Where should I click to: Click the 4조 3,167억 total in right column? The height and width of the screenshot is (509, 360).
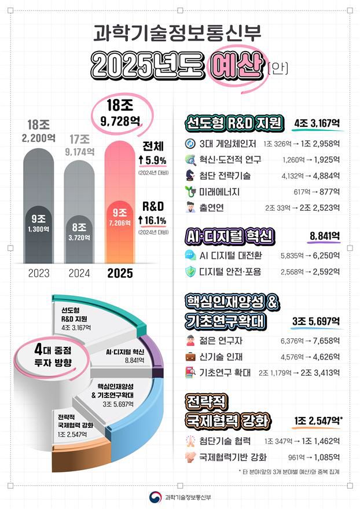[x=317, y=123]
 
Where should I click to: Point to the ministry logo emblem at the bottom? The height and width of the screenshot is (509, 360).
[x=155, y=497]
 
